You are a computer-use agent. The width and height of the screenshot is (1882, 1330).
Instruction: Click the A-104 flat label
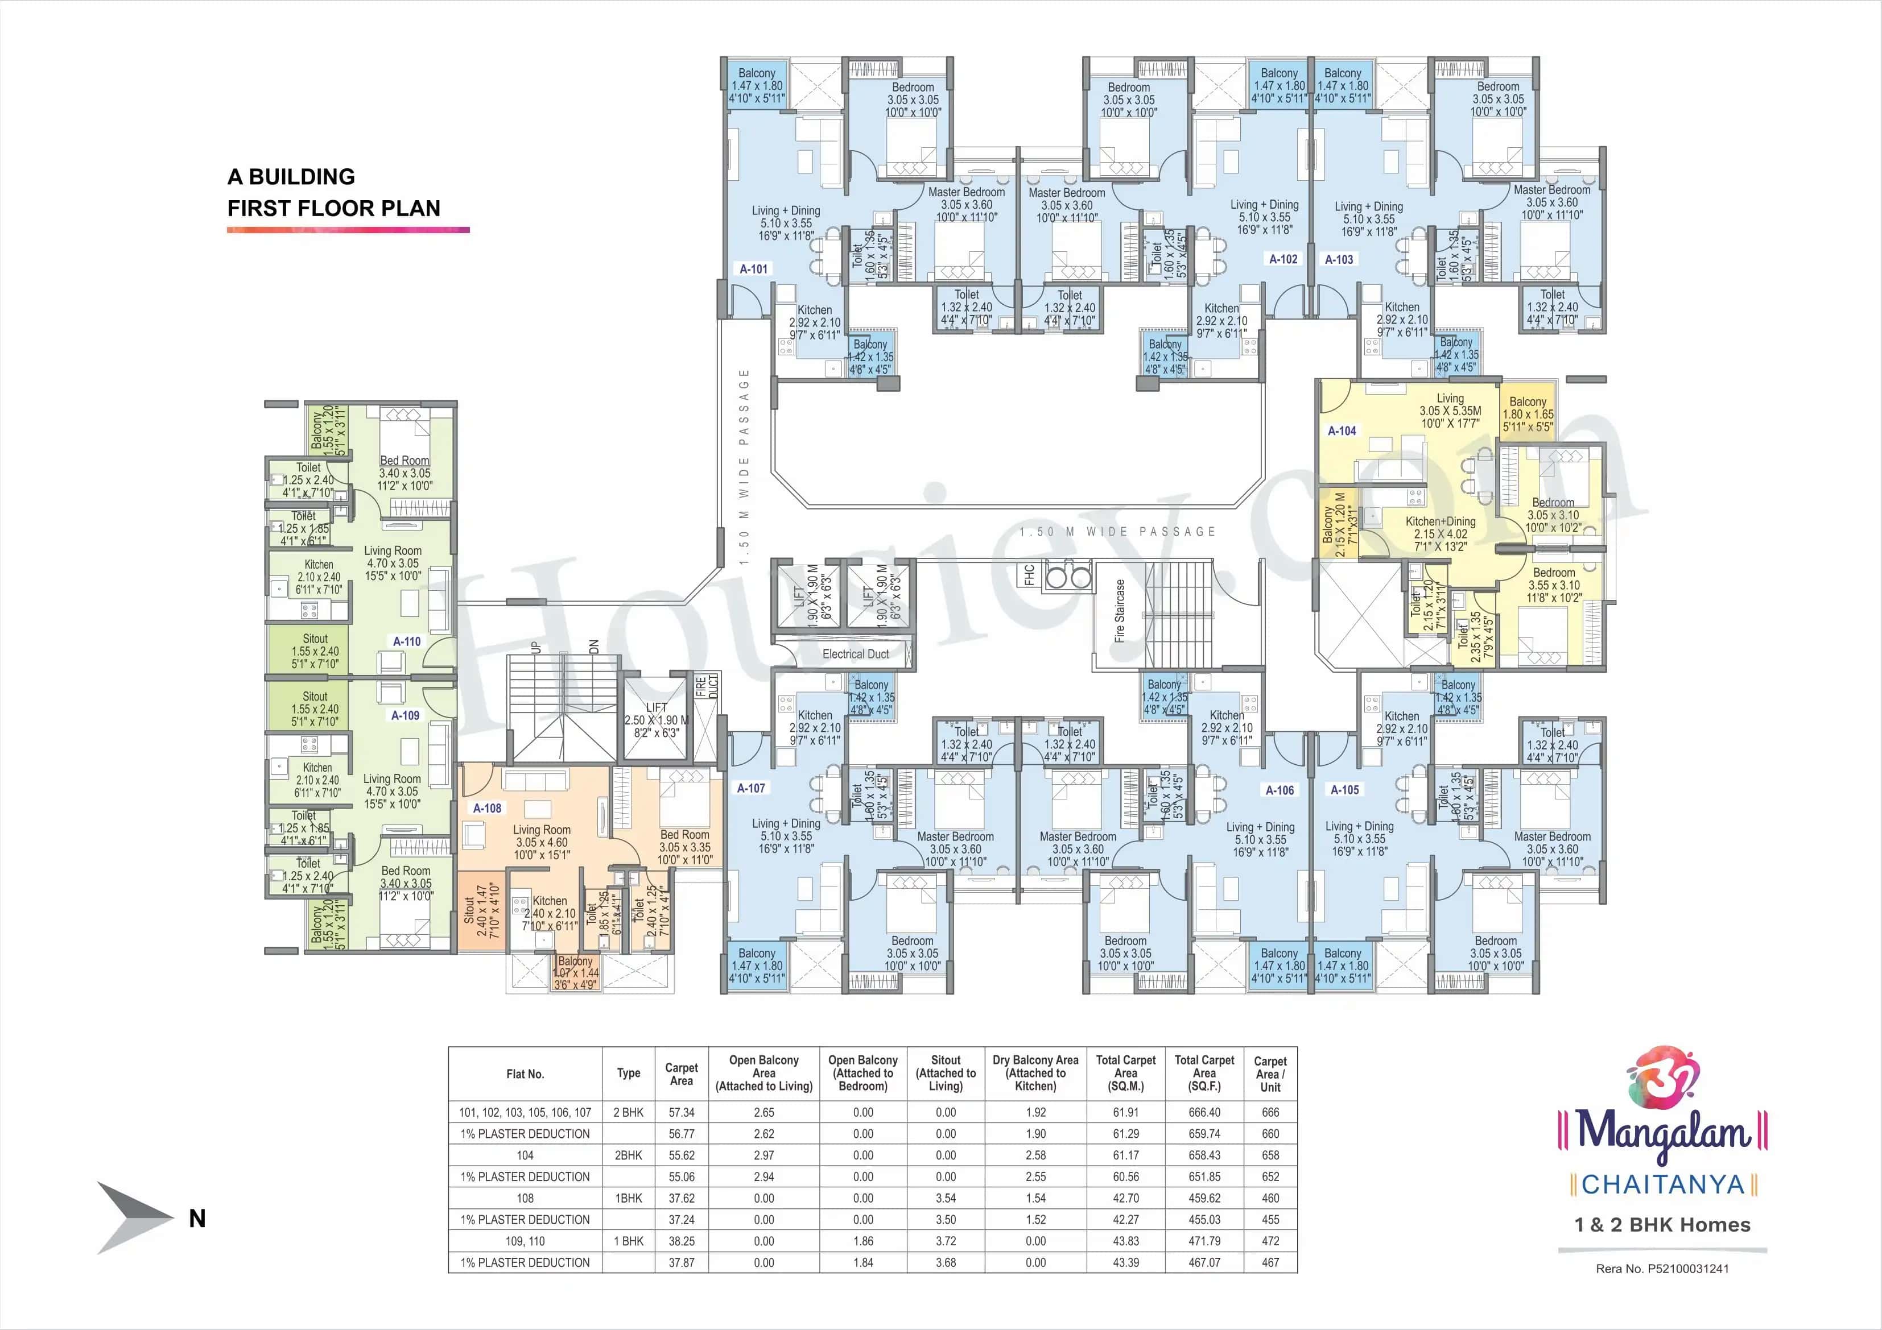(x=1342, y=430)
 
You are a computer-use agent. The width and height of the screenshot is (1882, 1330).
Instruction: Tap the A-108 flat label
(x=487, y=808)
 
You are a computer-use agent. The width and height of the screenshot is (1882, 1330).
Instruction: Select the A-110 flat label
(x=407, y=641)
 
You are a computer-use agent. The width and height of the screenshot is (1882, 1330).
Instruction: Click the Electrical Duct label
(x=855, y=654)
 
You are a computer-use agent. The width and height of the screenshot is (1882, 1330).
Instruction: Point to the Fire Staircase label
(x=1120, y=611)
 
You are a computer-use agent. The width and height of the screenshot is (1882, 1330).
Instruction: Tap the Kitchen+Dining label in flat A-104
(x=1440, y=521)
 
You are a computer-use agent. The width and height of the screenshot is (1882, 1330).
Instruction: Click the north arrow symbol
(x=131, y=1218)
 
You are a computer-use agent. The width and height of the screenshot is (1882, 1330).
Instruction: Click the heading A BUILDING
(x=291, y=177)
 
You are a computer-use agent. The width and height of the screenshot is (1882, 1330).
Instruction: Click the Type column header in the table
(x=629, y=1074)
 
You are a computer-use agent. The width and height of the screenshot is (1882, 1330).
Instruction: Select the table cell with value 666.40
(x=1204, y=1112)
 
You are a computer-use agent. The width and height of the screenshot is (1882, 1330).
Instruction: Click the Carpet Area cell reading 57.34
(x=681, y=1112)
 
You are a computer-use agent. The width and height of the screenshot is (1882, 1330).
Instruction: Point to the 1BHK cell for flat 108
(x=629, y=1198)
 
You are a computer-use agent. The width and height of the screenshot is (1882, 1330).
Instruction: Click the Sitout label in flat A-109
(x=315, y=697)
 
